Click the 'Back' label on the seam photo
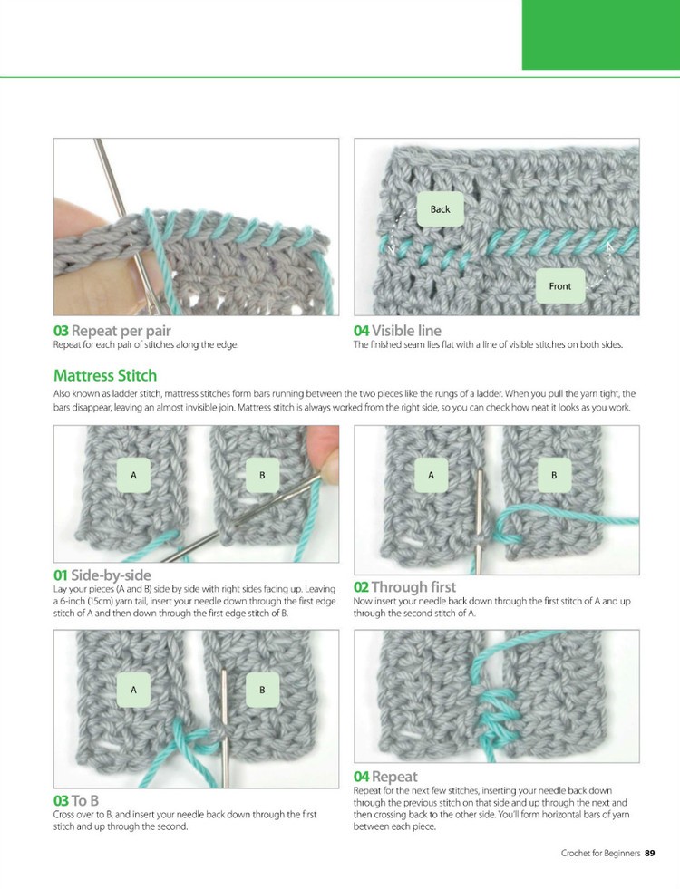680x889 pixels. [440, 209]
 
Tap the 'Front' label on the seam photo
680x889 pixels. [559, 286]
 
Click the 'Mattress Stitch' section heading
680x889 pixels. [105, 375]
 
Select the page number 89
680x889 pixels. [650, 853]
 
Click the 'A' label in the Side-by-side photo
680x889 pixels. [134, 475]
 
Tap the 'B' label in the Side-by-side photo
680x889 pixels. [262, 475]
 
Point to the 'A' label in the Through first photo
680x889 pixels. [431, 475]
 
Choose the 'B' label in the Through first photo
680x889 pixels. [554, 475]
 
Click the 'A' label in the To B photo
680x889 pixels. [134, 690]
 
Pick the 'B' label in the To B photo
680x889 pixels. [262, 690]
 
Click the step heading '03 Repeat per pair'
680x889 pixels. [112, 331]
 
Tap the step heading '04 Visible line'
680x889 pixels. [397, 331]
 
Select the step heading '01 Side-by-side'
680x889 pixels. [102, 575]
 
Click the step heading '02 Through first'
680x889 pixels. [404, 587]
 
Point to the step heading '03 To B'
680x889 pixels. [76, 800]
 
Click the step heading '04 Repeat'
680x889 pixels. [385, 777]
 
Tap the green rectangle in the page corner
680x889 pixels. [600, 34]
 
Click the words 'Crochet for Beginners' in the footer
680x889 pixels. [600, 853]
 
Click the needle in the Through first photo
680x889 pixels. [480, 522]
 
